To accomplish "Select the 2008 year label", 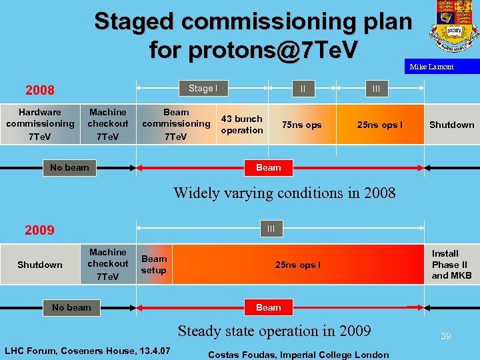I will point(40,90).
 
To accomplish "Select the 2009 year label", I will point(39,231).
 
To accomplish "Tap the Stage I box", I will point(202,89).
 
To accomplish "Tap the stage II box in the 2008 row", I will point(303,89).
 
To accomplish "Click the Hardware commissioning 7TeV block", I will point(40,125).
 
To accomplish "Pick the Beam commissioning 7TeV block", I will point(176,125).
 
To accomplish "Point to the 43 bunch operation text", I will point(241,125).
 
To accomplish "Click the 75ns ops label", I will point(301,125).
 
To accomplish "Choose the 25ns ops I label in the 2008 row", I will point(379,125).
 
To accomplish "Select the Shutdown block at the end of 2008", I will point(451,125).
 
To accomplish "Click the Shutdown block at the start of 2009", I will point(40,265).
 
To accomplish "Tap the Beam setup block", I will point(154,265).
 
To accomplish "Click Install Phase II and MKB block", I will point(451,265).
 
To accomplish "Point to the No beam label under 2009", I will point(71,307).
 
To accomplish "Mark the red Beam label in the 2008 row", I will point(269,167).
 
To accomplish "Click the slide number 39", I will point(445,337).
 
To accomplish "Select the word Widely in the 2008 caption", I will point(197,193).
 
